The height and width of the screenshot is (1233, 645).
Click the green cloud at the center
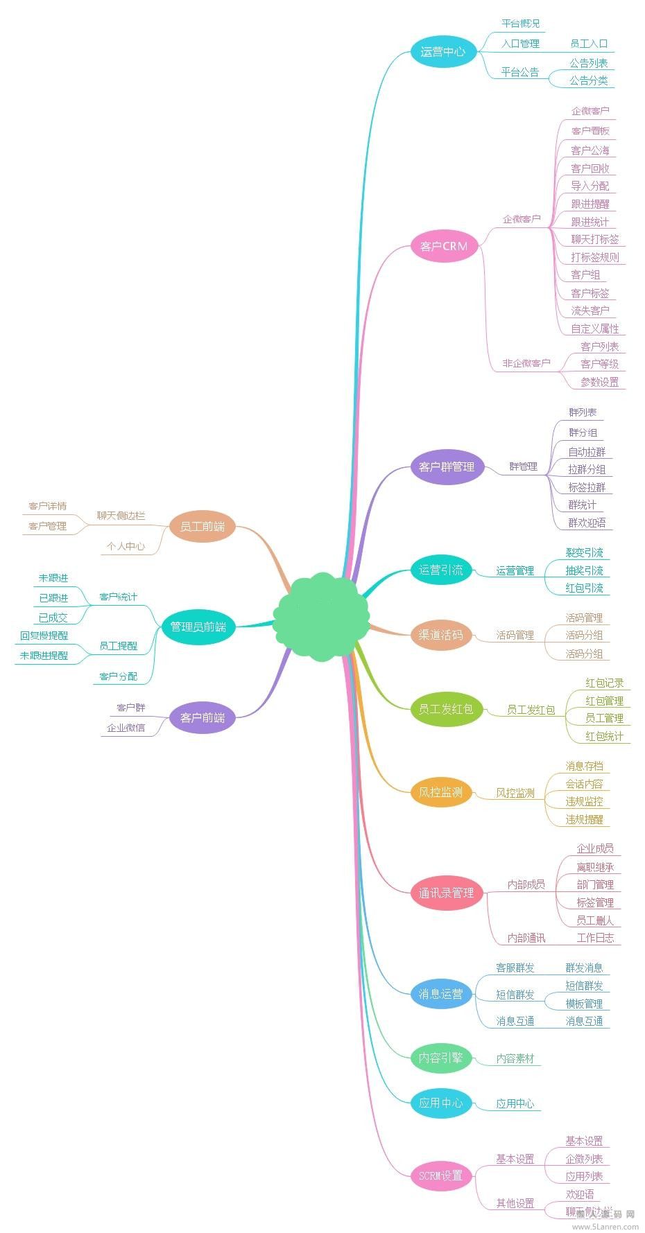pos(321,615)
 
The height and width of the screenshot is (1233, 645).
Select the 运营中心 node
pos(443,51)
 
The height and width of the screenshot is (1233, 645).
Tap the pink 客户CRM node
pos(444,246)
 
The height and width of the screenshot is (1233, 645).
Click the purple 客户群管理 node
pos(447,466)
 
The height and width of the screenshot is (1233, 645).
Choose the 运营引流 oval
pos(441,570)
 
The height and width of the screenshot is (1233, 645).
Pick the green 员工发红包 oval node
pos(445,709)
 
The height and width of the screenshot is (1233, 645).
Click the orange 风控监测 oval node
pos(441,792)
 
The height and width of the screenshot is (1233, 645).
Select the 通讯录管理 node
pos(446,893)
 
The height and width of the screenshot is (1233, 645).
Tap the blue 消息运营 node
pos(440,994)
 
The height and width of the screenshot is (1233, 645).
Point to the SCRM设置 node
pos(440,1175)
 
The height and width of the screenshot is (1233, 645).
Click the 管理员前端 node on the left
pos(198,627)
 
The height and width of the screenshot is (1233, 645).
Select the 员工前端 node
pos(203,527)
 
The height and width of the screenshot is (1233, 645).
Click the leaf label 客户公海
pos(590,150)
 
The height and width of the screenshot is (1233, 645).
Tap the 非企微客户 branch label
pos(526,363)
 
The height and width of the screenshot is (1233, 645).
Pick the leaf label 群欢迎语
pos(587,523)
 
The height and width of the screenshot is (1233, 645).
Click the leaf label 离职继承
pos(595,867)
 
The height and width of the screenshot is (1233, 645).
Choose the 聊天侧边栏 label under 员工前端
pos(121,516)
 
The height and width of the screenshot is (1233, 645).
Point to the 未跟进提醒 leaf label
pos(44,656)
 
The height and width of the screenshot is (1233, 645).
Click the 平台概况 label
pos(520,24)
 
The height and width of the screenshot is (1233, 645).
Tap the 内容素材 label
pos(515,1058)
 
